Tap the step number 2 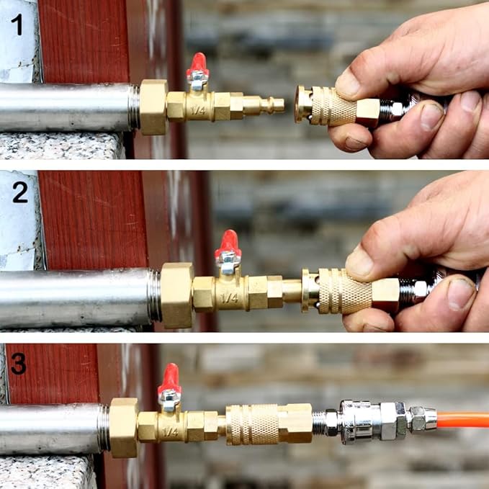(21, 192)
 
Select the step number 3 (19, 363)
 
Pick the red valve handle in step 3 (169, 378)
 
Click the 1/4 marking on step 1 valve (198, 109)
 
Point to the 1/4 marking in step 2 (229, 298)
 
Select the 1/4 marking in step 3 (170, 432)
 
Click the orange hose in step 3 (463, 420)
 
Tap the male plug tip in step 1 (279, 105)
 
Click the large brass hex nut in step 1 (153, 107)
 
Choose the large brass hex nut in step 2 (177, 295)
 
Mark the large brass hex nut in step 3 (124, 428)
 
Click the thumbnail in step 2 (359, 261)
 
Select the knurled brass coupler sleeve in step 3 (252, 424)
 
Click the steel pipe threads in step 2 (154, 295)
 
